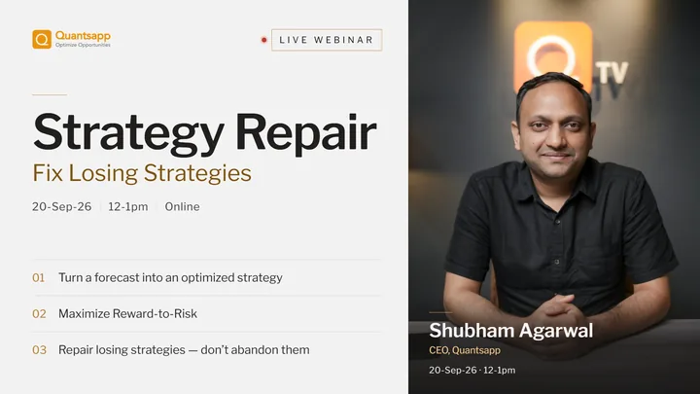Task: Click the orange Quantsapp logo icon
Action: [42, 39]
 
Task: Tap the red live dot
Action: [263, 40]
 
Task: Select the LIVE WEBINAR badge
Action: [327, 40]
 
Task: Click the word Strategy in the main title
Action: [128, 133]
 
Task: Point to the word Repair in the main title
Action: [306, 133]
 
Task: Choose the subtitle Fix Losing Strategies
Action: [142, 173]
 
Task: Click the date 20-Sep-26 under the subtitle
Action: [61, 207]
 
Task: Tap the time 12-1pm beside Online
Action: [128, 207]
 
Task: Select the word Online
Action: [182, 207]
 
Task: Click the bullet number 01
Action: [38, 278]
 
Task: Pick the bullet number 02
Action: [39, 314]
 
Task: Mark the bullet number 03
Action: [39, 350]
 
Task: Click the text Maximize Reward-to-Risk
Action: [127, 313]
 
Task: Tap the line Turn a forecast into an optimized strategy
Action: [170, 278]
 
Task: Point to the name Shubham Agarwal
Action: [511, 331]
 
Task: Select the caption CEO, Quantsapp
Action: [465, 350]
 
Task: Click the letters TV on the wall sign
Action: [612, 73]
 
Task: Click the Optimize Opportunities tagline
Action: [83, 45]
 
